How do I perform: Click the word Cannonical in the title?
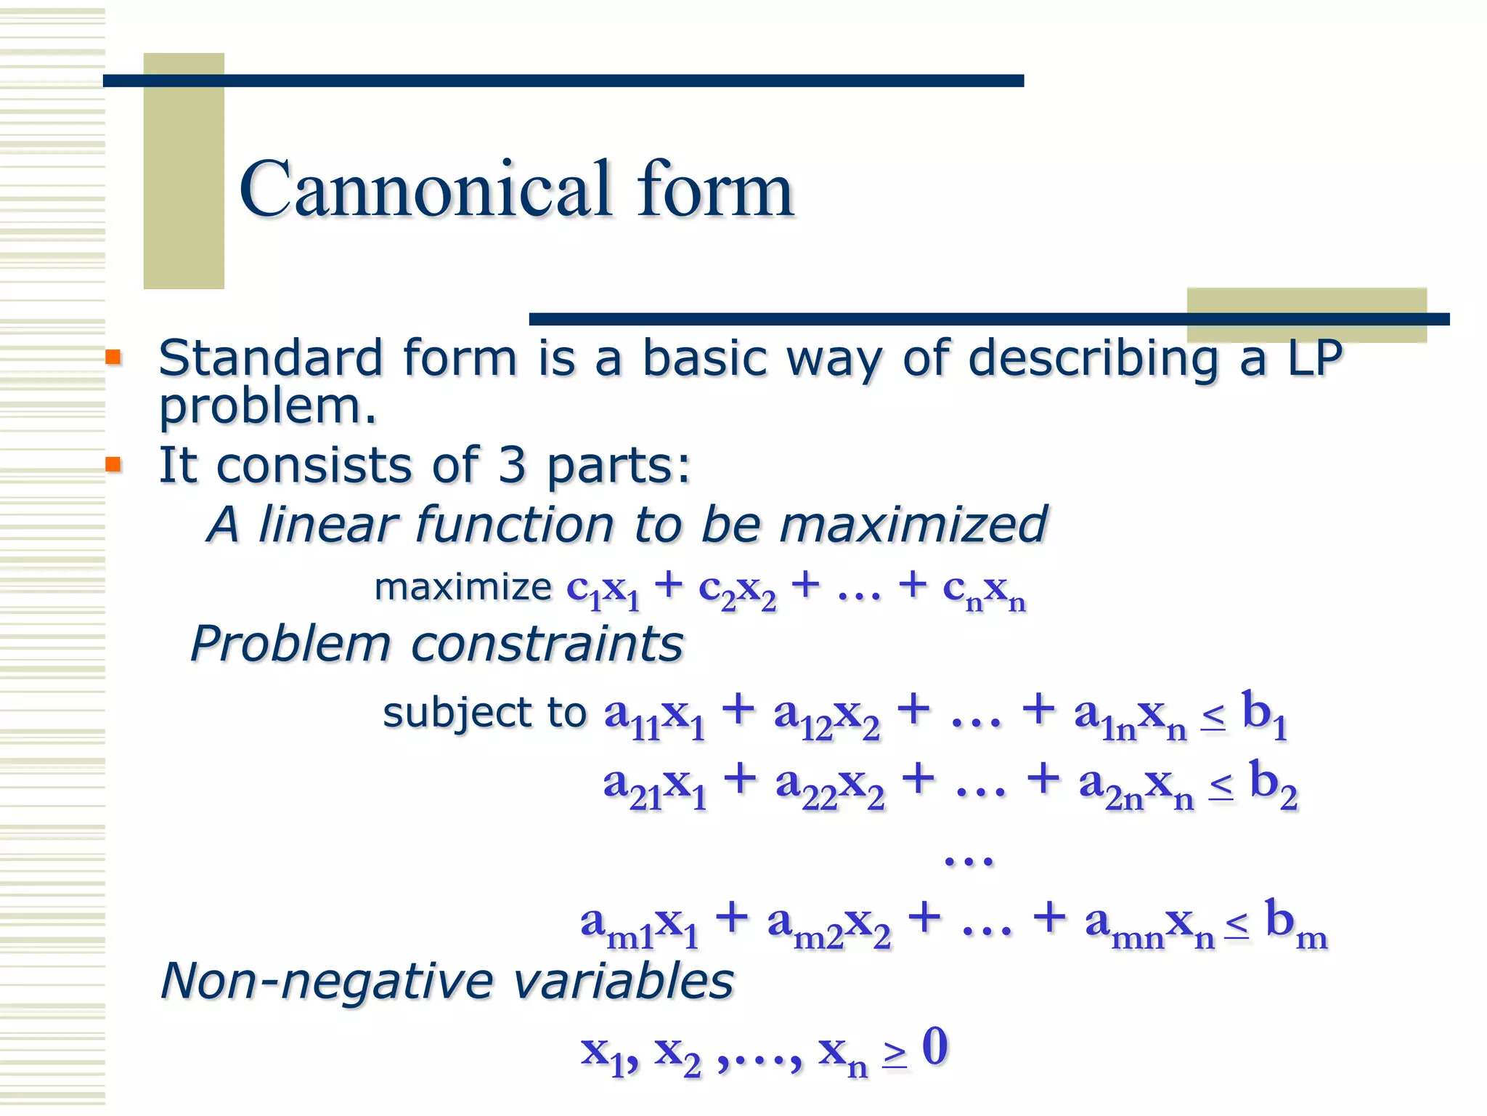click(425, 190)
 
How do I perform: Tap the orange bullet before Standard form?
click(113, 357)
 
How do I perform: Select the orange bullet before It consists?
click(113, 464)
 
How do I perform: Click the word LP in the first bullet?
click(1314, 359)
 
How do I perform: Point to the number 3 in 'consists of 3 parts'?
click(511, 466)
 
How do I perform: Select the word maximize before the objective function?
click(463, 587)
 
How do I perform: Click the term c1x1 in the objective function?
click(603, 590)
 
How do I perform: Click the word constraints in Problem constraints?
click(547, 644)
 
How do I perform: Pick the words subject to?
click(484, 713)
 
